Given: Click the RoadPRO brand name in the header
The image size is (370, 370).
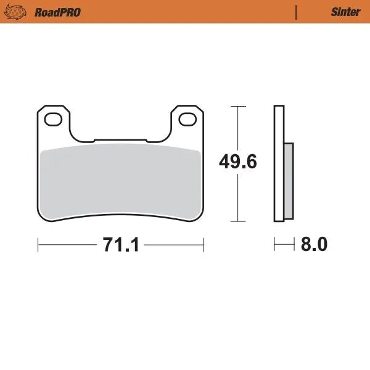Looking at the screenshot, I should tap(58, 12).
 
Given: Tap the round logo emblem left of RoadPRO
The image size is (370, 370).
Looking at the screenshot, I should tap(18, 12).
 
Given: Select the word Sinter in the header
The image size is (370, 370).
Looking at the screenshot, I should tap(345, 12).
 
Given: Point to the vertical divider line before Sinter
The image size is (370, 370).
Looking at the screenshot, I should tap(297, 12).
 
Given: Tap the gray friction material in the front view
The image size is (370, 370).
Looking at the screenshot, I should tap(120, 182).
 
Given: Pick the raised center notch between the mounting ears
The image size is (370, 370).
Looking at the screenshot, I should tap(120, 141).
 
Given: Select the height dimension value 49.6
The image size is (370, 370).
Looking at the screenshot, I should tap(238, 162).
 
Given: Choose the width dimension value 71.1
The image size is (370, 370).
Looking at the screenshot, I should tap(121, 245).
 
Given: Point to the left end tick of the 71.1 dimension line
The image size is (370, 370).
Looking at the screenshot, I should tap(38, 245).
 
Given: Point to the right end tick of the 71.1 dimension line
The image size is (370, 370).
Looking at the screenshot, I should tap(203, 245).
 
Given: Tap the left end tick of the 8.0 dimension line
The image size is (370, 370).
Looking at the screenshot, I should tap(275, 245).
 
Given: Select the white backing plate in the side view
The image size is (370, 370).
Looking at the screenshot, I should tap(279, 163).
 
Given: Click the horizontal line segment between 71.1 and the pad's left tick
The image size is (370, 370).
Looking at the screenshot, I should tap(68, 245).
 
